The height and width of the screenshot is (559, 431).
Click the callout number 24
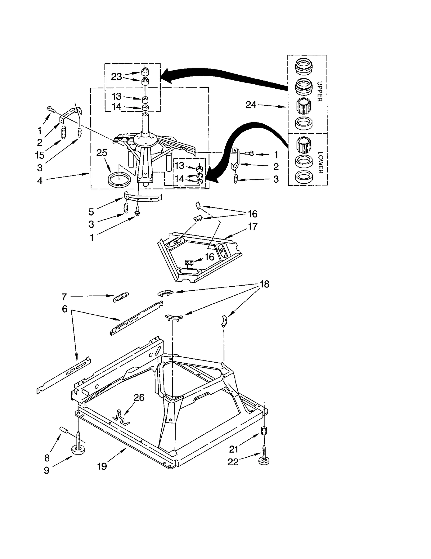click(251, 105)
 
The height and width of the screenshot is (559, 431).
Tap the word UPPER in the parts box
click(319, 92)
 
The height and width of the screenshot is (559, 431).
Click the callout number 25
click(102, 153)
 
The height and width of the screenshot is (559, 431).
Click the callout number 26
click(139, 397)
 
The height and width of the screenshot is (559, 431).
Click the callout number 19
click(102, 466)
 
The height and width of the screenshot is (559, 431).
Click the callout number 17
click(253, 226)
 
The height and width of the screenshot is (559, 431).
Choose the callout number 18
click(265, 284)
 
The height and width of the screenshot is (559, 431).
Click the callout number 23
click(116, 77)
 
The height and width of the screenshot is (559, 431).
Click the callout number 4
click(40, 181)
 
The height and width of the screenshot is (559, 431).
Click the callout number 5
click(91, 212)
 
